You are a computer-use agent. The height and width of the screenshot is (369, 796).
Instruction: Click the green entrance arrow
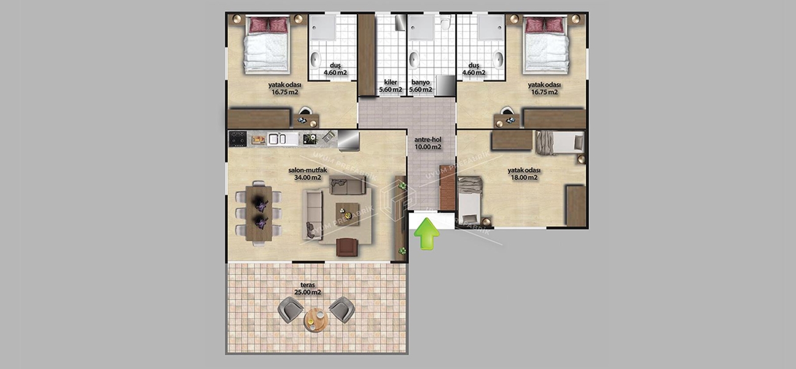(427, 236)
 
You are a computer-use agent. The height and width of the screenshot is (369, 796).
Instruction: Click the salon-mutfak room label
(307, 170)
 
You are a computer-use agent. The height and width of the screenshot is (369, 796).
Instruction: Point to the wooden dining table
(258, 212)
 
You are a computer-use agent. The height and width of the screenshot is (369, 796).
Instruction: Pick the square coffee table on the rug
(347, 213)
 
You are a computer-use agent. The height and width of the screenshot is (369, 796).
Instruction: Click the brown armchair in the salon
(348, 247)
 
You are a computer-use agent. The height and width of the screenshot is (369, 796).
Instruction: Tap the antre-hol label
(428, 139)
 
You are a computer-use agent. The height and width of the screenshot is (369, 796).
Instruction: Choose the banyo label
(421, 82)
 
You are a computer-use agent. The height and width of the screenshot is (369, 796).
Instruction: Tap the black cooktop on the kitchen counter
(238, 139)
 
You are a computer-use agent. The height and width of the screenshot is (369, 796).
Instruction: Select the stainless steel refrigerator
(348, 140)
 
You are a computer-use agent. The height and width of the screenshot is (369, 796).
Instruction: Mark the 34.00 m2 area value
(307, 178)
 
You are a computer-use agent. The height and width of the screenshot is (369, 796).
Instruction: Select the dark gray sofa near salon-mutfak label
(347, 184)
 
